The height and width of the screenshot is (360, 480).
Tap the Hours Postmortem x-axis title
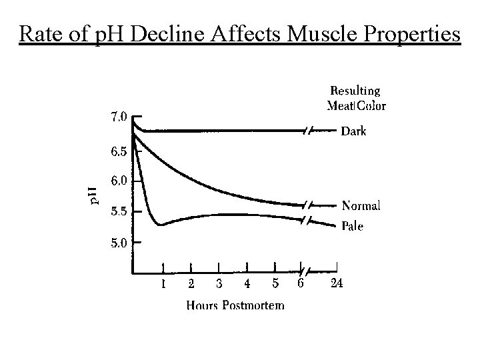(x=235, y=305)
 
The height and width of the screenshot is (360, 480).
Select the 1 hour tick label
(x=163, y=284)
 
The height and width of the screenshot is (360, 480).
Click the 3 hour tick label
(x=219, y=284)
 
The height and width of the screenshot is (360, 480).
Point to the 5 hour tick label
(x=275, y=284)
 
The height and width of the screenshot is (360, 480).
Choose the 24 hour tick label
(x=337, y=284)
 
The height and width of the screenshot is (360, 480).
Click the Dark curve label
(x=353, y=131)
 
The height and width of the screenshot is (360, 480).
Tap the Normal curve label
(x=361, y=206)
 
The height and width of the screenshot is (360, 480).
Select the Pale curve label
(x=352, y=227)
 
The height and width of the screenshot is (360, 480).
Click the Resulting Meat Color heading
(x=356, y=97)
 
